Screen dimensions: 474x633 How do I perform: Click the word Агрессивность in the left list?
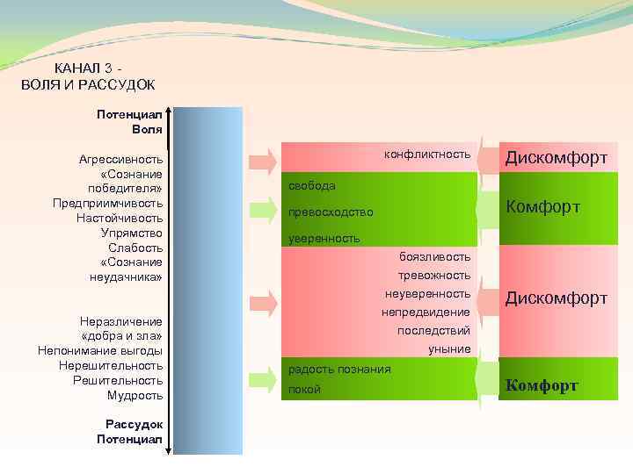pos(121,159)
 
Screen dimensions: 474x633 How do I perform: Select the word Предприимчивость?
pos(108,203)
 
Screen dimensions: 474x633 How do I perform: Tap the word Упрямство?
pos(132,233)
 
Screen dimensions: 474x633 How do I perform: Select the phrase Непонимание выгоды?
pos(100,350)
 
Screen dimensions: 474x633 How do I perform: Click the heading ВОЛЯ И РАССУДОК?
pos(87,84)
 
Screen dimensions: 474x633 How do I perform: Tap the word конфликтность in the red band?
pos(427,154)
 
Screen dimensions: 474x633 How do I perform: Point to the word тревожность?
pos(428,275)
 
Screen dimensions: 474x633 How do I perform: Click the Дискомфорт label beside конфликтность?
pos(557,157)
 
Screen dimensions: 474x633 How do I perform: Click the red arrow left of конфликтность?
pos(262,159)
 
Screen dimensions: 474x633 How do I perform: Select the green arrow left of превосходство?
pos(262,208)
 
